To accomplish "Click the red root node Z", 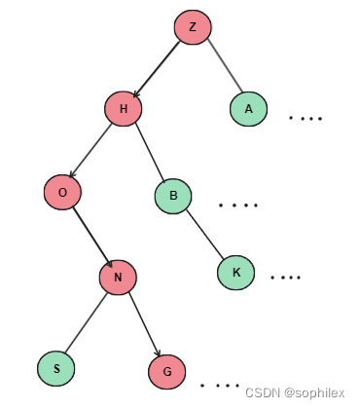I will pyautogui.click(x=193, y=27).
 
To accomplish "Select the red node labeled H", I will pyautogui.click(x=124, y=108).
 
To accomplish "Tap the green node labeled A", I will pyautogui.click(x=249, y=108).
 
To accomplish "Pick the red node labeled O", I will pyautogui.click(x=62, y=192).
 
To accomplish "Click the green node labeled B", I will pyautogui.click(x=173, y=196).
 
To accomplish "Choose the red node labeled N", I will pyautogui.click(x=118, y=278).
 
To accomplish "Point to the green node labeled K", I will pyautogui.click(x=235, y=272).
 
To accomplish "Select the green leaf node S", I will pyautogui.click(x=56, y=368).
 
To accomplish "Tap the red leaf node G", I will pyautogui.click(x=167, y=371).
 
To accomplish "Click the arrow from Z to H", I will pyautogui.click(x=159, y=67).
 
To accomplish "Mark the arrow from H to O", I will pyautogui.click(x=93, y=150).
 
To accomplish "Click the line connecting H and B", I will pyautogui.click(x=148, y=151).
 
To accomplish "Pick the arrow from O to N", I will pyautogui.click(x=90, y=235).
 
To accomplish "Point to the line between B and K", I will pyautogui.click(x=204, y=234).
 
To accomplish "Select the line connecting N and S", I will pyautogui.click(x=88, y=322).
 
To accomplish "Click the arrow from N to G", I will pyautogui.click(x=142, y=323).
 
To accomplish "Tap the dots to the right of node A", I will pyautogui.click(x=305, y=118).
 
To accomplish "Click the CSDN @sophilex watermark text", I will pyautogui.click(x=295, y=392).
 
